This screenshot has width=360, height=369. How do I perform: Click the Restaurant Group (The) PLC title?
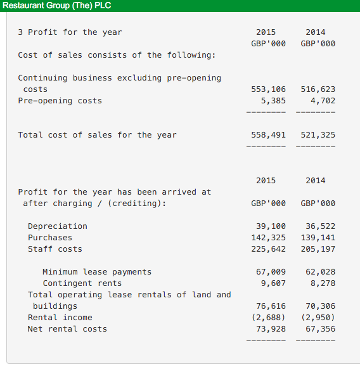(x=56, y=6)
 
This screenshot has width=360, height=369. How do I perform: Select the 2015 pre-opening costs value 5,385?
(x=273, y=101)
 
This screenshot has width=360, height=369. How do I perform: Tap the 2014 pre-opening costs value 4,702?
(x=323, y=101)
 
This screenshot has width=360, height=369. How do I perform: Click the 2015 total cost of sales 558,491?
(x=268, y=135)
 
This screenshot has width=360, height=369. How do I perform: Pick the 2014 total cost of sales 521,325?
(x=318, y=135)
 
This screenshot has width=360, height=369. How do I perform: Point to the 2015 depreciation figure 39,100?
(x=271, y=226)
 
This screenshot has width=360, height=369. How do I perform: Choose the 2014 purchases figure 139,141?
(x=318, y=238)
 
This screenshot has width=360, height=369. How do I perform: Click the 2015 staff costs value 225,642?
(x=268, y=249)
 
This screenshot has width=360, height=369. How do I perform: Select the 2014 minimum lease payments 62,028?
(x=321, y=272)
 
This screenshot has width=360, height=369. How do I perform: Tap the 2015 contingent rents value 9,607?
(x=273, y=283)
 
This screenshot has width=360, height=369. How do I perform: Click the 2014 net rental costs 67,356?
(x=321, y=329)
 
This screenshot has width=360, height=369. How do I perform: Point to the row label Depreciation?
(x=58, y=226)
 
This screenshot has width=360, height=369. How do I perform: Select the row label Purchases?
(x=50, y=238)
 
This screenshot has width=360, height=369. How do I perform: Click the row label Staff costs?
(x=55, y=249)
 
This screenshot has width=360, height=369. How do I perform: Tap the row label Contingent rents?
(x=82, y=283)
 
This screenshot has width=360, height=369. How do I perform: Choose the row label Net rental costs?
(x=67, y=329)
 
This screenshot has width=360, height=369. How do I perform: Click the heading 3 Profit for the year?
(x=70, y=32)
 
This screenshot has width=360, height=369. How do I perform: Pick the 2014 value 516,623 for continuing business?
(x=318, y=89)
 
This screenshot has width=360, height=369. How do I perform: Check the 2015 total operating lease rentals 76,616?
(x=271, y=306)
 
